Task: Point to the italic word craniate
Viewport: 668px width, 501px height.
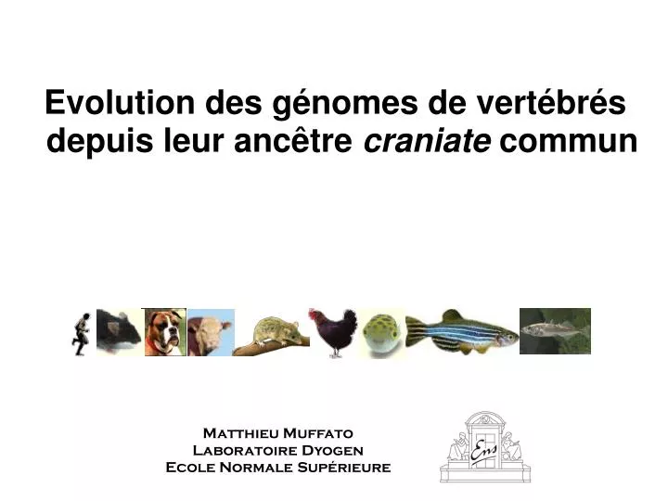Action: (427, 142)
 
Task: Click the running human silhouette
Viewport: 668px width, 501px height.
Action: (82, 332)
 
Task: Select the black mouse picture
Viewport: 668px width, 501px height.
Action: (119, 331)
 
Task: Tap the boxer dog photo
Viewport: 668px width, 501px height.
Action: (165, 332)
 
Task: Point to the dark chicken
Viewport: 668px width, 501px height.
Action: (332, 332)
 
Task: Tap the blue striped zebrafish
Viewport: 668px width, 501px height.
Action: (460, 331)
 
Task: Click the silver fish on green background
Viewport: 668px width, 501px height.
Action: (555, 331)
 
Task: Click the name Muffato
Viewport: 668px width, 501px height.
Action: (316, 433)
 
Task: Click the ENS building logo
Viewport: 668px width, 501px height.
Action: (482, 447)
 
